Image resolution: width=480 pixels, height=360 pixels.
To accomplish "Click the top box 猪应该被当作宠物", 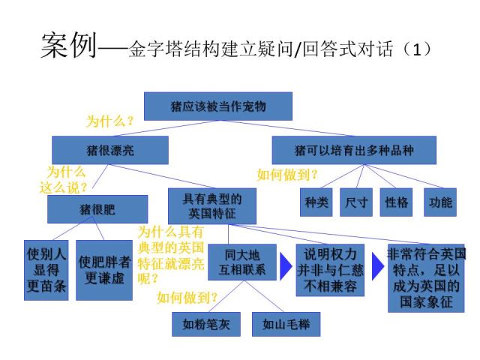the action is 218,106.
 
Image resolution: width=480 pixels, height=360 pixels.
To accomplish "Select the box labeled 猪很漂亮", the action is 110,150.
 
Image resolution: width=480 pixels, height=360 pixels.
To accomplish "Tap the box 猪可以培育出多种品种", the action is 354,150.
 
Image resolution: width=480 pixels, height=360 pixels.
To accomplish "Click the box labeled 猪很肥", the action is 97,209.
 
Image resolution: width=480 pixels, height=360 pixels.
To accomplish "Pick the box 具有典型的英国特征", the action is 212,206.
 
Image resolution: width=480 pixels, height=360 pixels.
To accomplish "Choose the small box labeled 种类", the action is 316,202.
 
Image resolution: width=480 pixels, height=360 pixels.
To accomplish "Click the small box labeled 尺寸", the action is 356,202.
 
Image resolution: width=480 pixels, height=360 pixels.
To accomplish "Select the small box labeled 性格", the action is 396,202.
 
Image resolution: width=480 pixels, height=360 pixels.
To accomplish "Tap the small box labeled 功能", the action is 440,202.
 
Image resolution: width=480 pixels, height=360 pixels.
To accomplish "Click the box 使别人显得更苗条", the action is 46,270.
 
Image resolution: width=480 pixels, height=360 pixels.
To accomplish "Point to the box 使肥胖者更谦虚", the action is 104,270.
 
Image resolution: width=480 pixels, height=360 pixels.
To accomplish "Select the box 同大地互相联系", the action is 242,262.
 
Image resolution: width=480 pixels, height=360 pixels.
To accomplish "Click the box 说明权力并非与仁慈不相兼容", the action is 330,270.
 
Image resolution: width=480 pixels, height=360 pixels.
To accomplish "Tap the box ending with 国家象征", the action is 426,278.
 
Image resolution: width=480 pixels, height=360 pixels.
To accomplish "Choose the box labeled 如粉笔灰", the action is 206,324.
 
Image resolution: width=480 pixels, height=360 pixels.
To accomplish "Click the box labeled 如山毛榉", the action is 286,324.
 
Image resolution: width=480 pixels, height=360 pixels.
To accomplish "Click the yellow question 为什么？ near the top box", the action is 110,121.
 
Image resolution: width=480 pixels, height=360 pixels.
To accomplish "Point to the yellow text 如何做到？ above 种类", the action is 287,175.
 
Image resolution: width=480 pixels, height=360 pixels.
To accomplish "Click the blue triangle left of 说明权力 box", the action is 286,266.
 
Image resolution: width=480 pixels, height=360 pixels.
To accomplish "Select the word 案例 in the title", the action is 69,45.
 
